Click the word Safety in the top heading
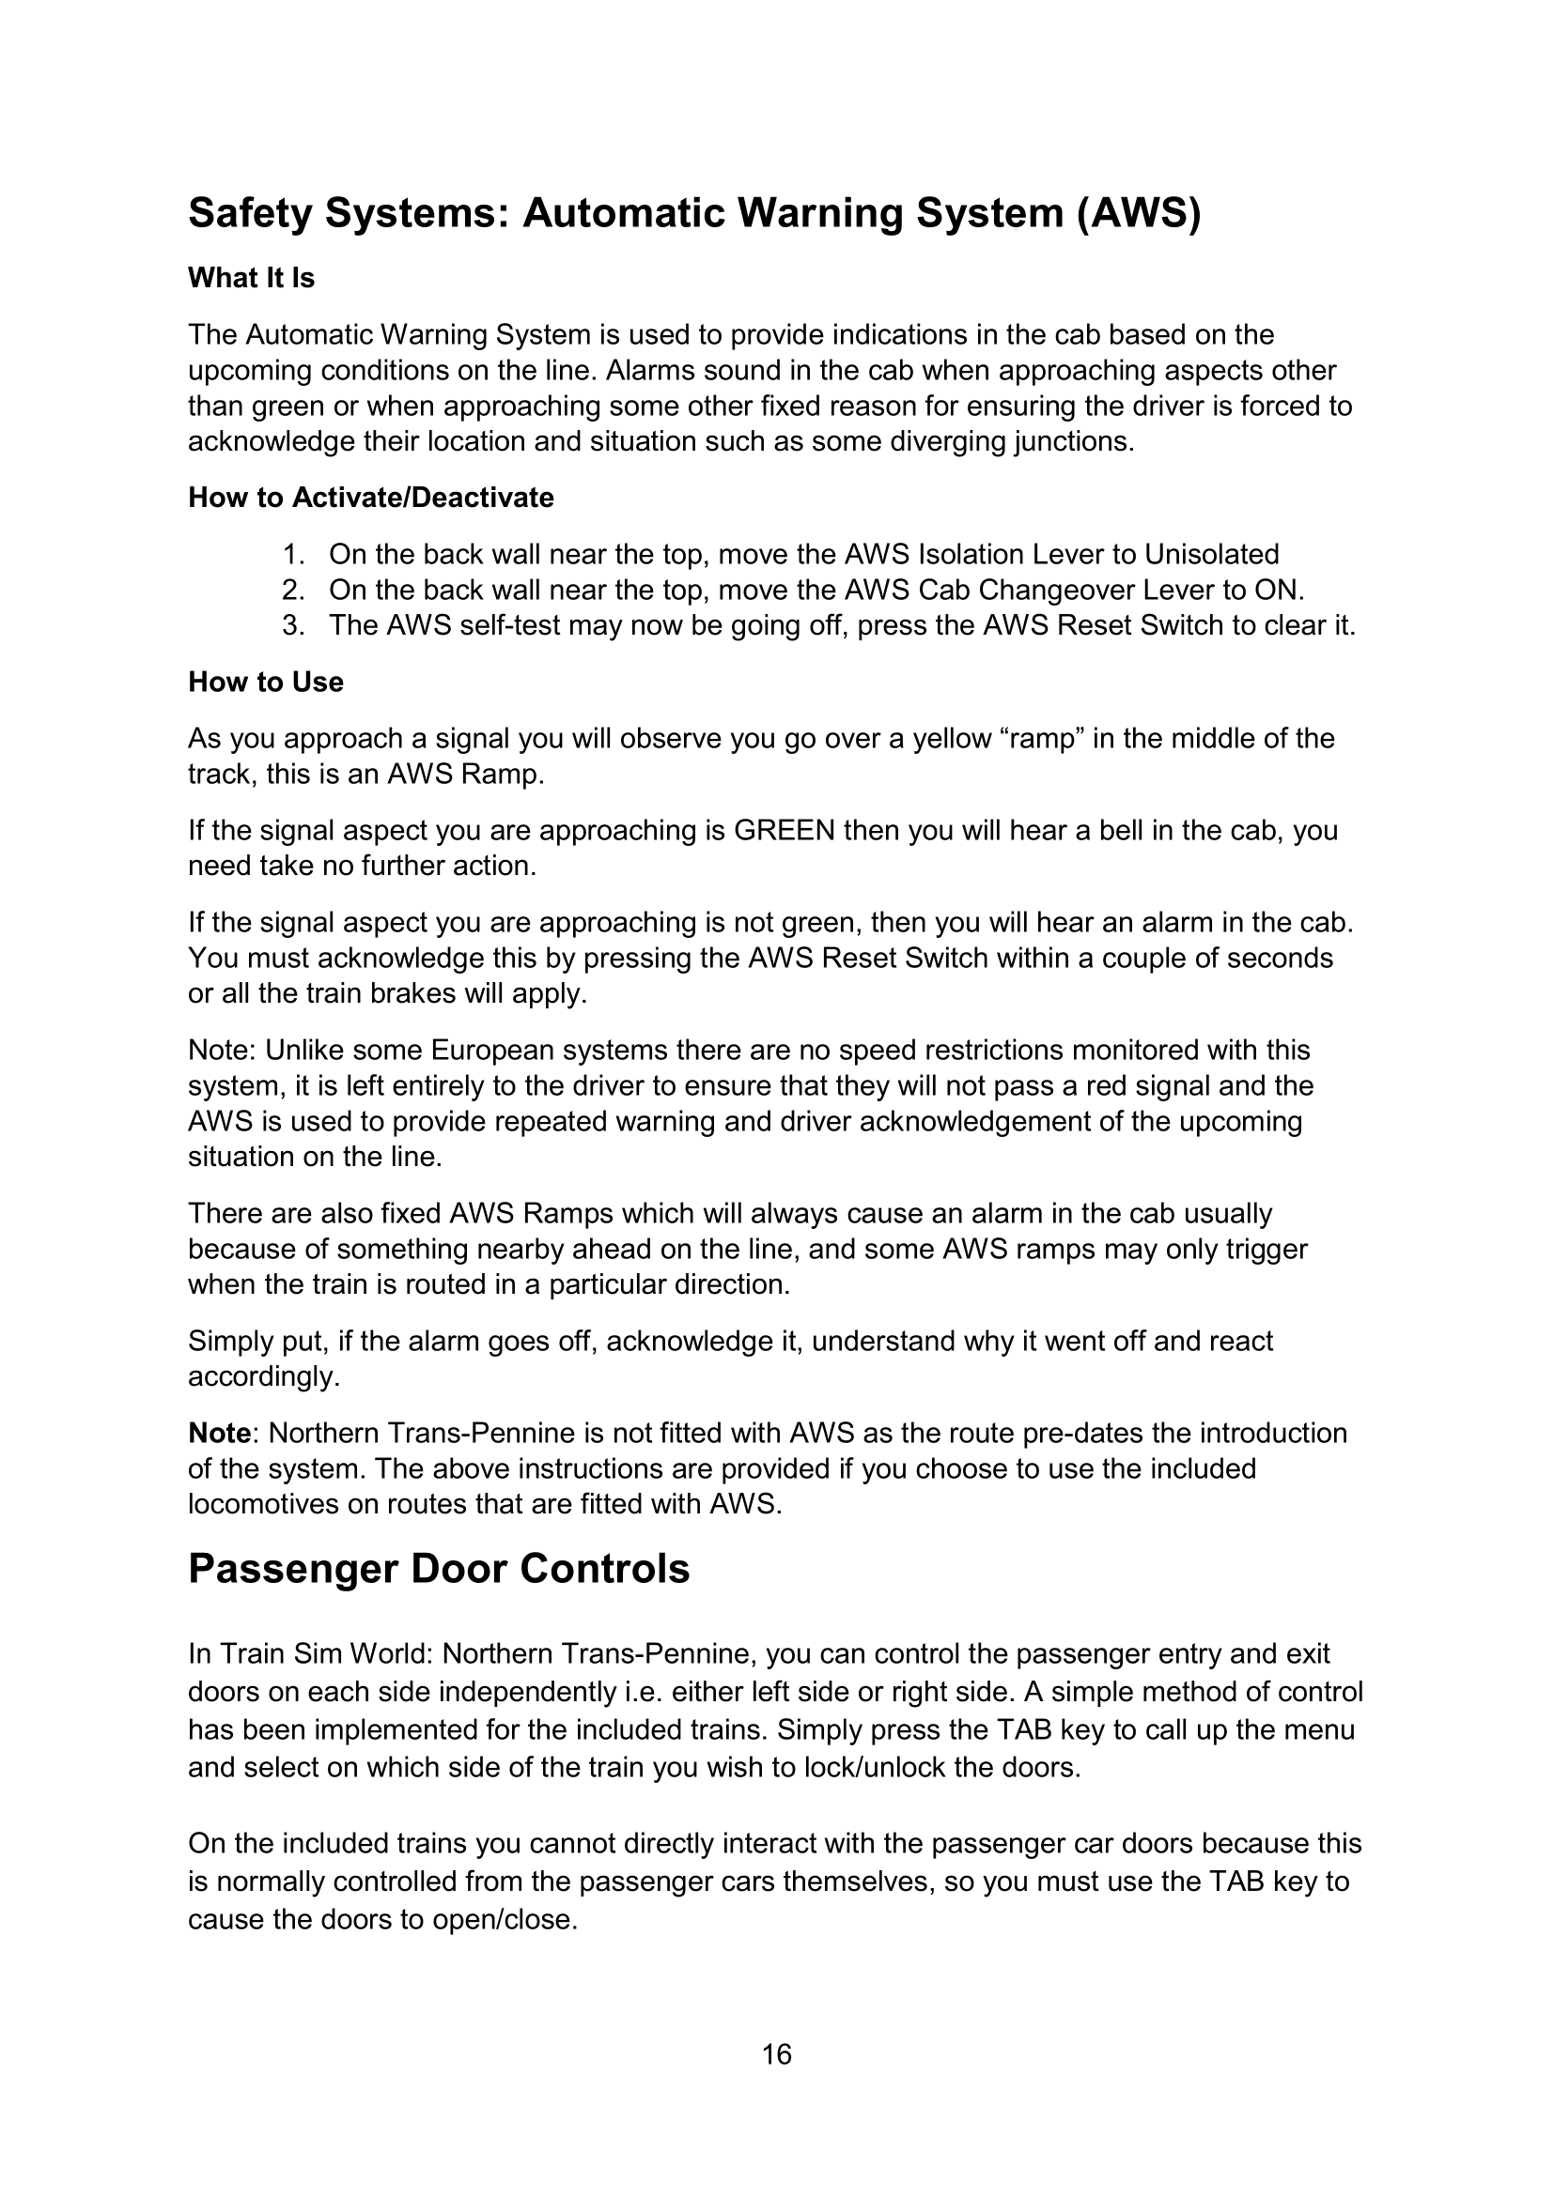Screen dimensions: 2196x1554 (x=249, y=213)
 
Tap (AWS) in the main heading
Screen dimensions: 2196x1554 (x=1138, y=213)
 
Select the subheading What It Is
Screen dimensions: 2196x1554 (x=251, y=278)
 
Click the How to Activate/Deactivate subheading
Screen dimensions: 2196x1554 (x=370, y=498)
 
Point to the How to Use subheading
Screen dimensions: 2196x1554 (x=265, y=682)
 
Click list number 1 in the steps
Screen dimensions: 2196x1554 (x=292, y=555)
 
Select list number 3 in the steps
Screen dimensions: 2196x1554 (x=292, y=625)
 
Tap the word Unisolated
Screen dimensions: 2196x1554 (x=1211, y=555)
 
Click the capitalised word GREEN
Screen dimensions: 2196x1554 (x=784, y=830)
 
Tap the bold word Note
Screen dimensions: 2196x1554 (x=219, y=1433)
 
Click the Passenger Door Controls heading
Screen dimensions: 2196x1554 (x=438, y=1595)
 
